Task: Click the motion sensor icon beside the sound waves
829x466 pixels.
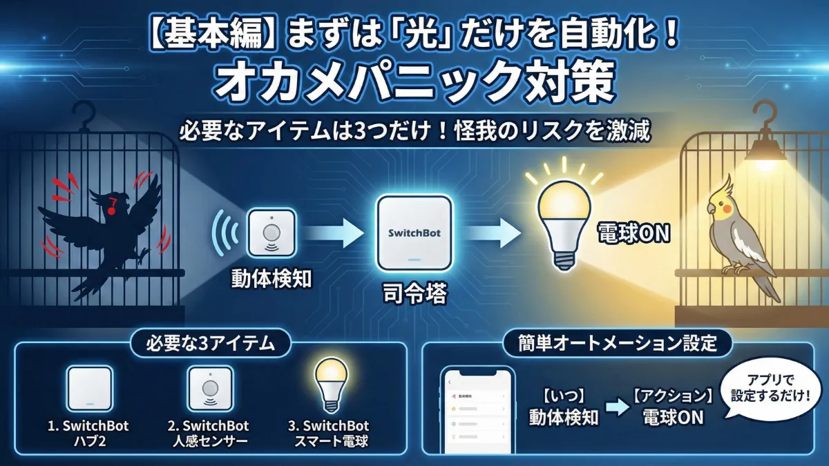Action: [x=271, y=233]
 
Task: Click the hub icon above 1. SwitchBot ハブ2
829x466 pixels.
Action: [x=89, y=389]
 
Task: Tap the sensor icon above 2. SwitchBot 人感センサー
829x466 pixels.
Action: [x=210, y=389]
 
